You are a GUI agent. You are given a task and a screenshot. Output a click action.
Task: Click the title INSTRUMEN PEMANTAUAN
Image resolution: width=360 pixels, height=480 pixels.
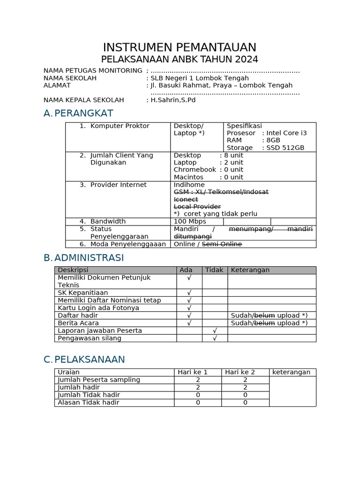point(180,47)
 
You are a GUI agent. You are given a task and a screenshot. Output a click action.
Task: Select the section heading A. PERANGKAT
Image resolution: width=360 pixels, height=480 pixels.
point(78,113)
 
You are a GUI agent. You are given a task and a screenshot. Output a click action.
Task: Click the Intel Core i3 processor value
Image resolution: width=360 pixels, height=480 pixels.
point(286,133)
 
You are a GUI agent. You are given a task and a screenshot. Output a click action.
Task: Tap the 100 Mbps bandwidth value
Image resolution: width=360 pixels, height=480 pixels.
point(190,221)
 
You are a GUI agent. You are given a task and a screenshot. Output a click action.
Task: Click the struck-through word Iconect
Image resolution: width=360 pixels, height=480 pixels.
point(186,199)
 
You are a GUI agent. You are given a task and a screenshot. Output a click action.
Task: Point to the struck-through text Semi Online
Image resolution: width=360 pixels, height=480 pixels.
point(222,244)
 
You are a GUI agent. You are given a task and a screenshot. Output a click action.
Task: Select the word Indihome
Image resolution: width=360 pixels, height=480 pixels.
point(189,185)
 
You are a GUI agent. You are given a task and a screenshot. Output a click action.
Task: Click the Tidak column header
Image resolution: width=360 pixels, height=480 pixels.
point(214,270)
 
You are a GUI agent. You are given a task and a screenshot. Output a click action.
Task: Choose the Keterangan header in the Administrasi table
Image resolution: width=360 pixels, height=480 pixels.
point(250,270)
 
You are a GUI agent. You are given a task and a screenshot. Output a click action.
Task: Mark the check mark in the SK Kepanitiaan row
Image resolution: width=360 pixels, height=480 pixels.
point(189,292)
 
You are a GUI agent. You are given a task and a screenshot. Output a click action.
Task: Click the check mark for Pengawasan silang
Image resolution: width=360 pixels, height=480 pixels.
point(215,338)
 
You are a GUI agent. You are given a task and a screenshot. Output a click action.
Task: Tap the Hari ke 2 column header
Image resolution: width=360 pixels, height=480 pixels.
point(240,372)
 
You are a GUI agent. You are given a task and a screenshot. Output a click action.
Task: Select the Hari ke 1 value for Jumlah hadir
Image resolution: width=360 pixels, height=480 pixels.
point(198,387)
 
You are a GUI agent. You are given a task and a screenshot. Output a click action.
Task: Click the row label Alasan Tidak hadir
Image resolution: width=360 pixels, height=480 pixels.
point(88,402)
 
